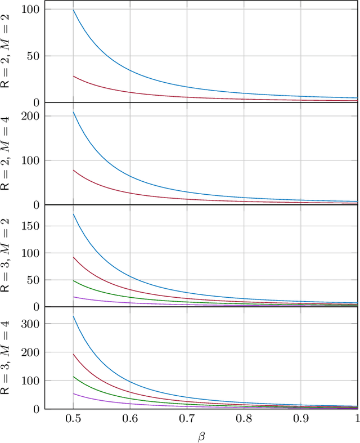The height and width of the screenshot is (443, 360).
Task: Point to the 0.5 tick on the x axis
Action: point(73,419)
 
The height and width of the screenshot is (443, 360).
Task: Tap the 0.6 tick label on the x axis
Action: point(130,419)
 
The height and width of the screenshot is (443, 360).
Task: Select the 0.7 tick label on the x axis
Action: point(187,419)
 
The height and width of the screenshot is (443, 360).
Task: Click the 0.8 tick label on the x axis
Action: point(244,419)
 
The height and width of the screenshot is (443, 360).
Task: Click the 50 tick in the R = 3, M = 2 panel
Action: point(31,280)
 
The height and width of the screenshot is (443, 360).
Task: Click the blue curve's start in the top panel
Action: point(73,10)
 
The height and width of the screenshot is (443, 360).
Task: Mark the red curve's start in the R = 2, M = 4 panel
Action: point(73,170)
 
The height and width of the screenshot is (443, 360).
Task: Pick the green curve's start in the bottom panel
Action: point(73,377)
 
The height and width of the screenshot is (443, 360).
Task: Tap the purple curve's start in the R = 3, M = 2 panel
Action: point(73,297)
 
